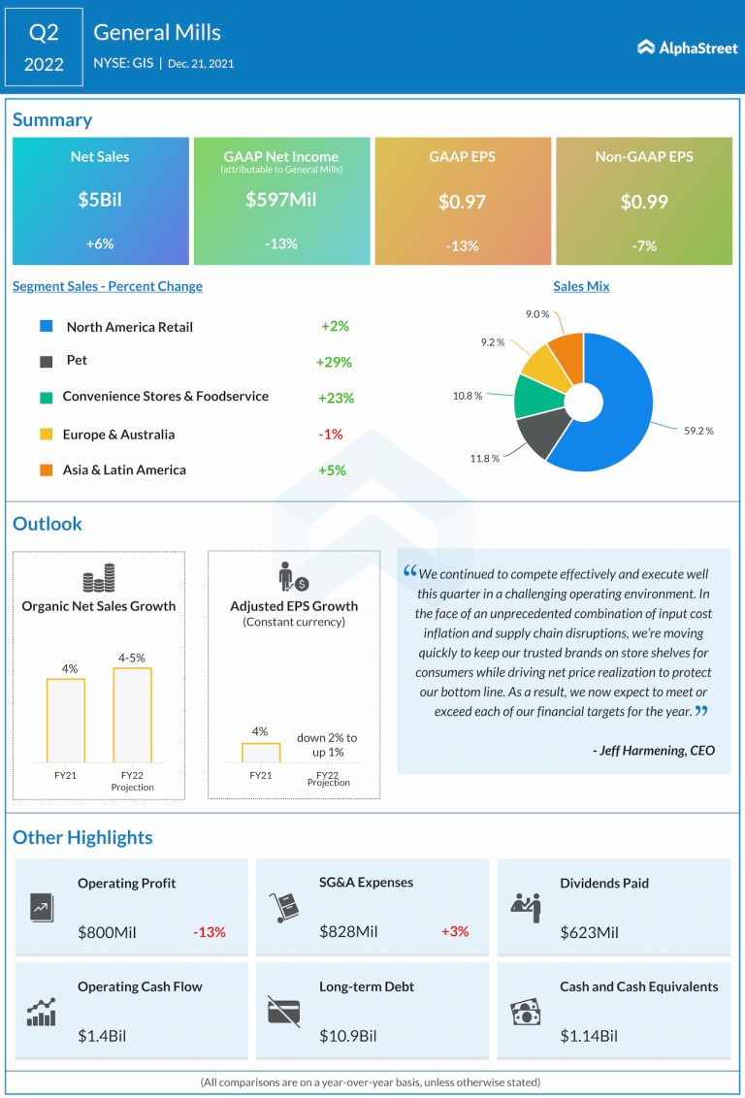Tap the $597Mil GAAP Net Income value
(x=281, y=200)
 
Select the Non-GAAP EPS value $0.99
(x=644, y=202)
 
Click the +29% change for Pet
(x=334, y=362)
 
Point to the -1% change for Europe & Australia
(x=331, y=434)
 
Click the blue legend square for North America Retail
(x=46, y=327)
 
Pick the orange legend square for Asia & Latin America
(x=46, y=470)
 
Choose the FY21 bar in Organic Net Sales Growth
(x=66, y=720)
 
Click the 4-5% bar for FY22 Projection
(x=132, y=715)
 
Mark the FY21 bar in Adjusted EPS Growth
(x=261, y=753)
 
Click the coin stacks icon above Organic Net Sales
(x=98, y=578)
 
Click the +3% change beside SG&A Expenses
(x=455, y=931)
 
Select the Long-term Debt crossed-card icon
(x=284, y=1011)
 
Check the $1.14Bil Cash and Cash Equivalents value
(x=589, y=1036)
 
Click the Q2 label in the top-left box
(x=44, y=32)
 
